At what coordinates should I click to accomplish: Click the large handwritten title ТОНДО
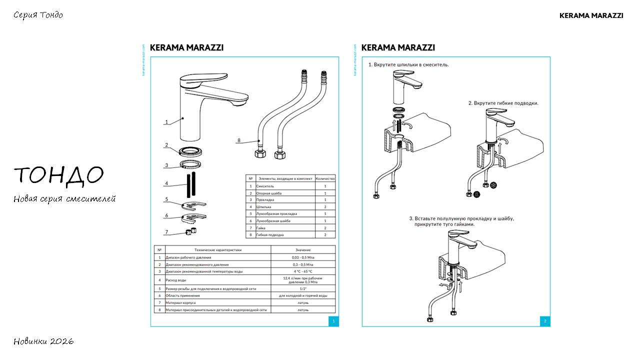coord(58,175)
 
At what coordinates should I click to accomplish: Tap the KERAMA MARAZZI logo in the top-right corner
coord(591,15)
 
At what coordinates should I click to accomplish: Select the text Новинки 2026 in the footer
coord(43,341)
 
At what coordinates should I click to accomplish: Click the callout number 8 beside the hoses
coord(239,140)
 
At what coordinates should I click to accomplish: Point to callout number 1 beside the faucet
coord(166,122)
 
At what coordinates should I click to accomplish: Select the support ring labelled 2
coord(191,150)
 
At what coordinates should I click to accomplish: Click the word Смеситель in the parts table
coord(265,186)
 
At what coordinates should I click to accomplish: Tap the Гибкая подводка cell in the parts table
coord(270,234)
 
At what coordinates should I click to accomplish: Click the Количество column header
coord(325,178)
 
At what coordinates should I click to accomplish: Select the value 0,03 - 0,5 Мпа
coord(303,257)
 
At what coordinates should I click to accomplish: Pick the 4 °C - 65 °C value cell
coord(303,271)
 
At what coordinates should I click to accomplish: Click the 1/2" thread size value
coord(303,288)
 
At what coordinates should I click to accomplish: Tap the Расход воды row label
coord(175,280)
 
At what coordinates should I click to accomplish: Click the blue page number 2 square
coord(545,321)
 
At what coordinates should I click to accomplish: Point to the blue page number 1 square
coord(333,321)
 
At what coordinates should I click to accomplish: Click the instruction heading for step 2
coord(503,103)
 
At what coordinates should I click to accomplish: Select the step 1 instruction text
coord(408,64)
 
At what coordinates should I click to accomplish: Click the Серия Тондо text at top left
coord(38,15)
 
